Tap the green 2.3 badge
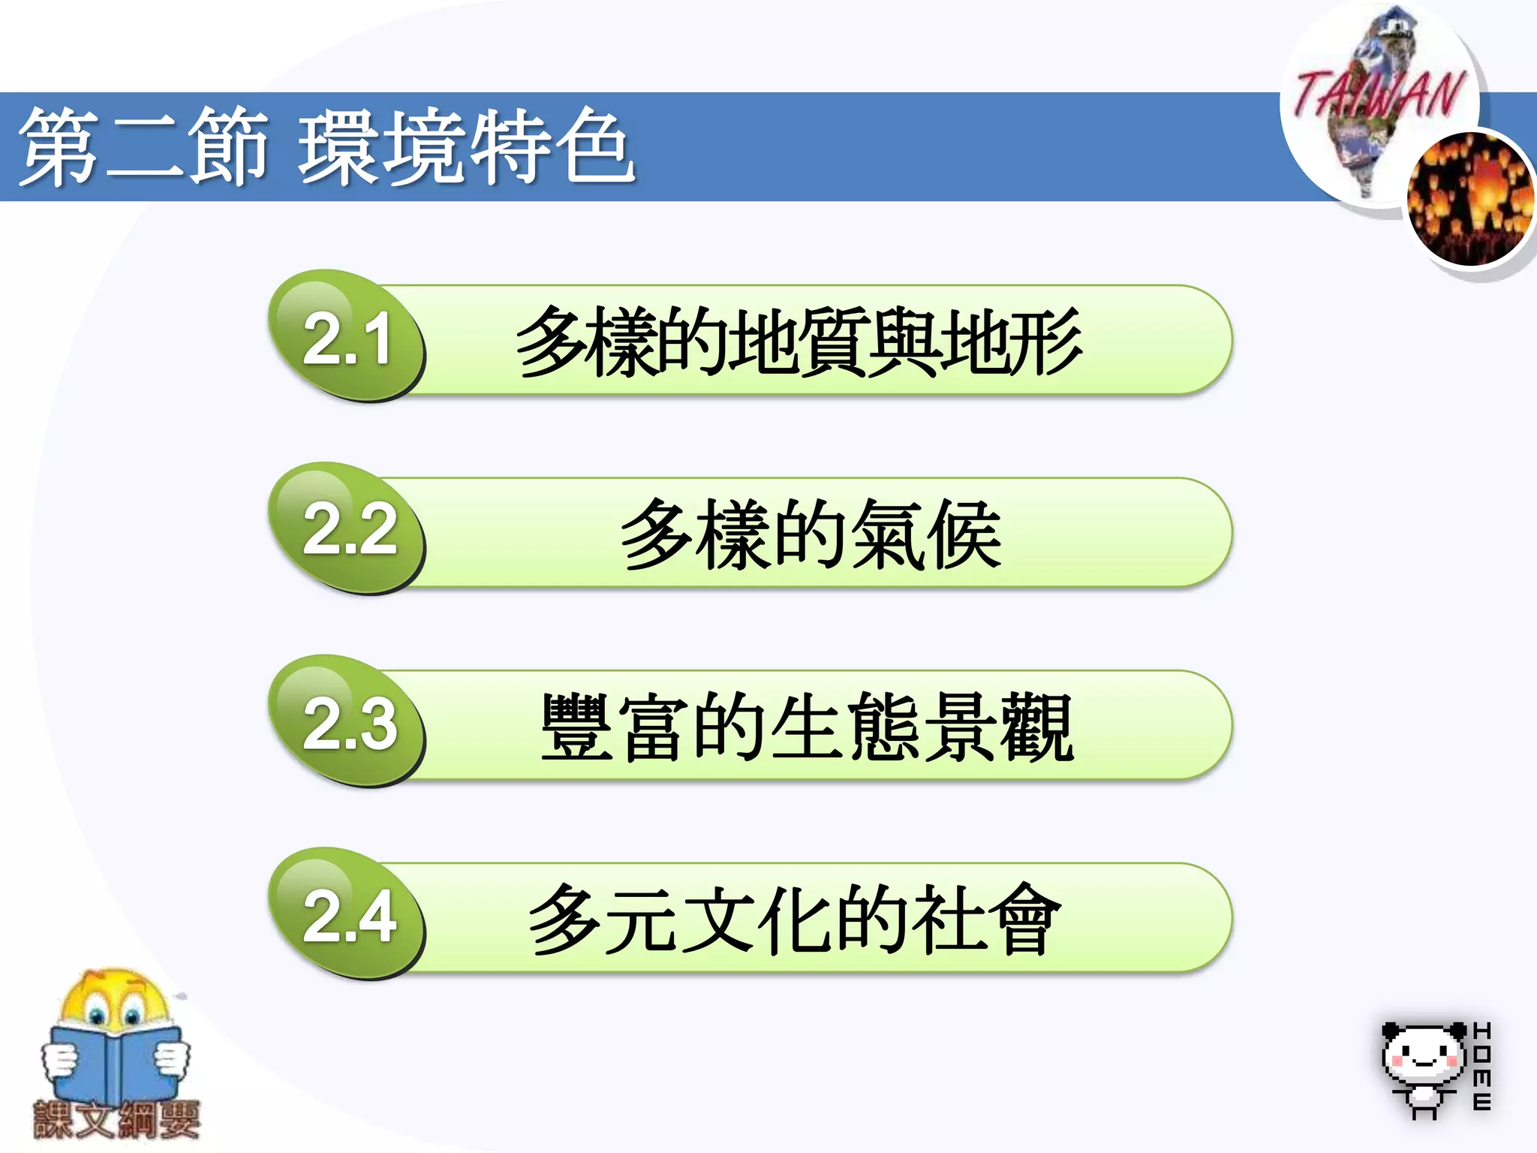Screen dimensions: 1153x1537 (347, 722)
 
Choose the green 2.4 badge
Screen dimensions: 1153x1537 (347, 914)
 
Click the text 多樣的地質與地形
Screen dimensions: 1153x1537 (799, 342)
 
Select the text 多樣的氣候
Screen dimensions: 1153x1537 (811, 534)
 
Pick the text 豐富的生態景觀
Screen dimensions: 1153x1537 (807, 727)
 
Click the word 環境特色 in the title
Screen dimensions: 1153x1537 (465, 146)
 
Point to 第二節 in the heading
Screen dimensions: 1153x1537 (143, 146)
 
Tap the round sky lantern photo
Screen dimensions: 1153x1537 (1469, 199)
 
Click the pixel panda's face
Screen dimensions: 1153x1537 (1423, 1055)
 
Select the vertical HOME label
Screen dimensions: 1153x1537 (1482, 1066)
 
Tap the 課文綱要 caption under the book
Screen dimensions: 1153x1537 (116, 1120)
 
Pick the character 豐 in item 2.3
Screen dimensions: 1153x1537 (576, 727)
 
